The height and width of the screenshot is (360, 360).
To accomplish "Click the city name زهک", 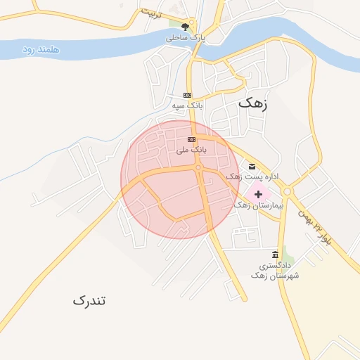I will pos(253,102).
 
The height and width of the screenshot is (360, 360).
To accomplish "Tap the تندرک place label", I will pos(89,300).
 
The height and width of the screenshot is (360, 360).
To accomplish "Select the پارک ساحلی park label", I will pos(186,38).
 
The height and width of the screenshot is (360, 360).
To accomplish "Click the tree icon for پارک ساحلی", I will pos(186,27).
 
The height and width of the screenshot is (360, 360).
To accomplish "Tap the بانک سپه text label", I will pos(187,105).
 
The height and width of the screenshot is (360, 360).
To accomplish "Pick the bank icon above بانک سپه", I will pos(187,95).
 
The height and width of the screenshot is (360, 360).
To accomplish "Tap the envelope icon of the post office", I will pos(252,167).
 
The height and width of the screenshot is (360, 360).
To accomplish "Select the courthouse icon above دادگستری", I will pos(275,255).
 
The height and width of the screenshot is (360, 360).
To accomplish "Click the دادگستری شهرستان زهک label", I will pos(275,271).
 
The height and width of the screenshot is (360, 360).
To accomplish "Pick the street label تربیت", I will pos(150,13).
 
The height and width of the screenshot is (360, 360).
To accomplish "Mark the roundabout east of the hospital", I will pos(286,191).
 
